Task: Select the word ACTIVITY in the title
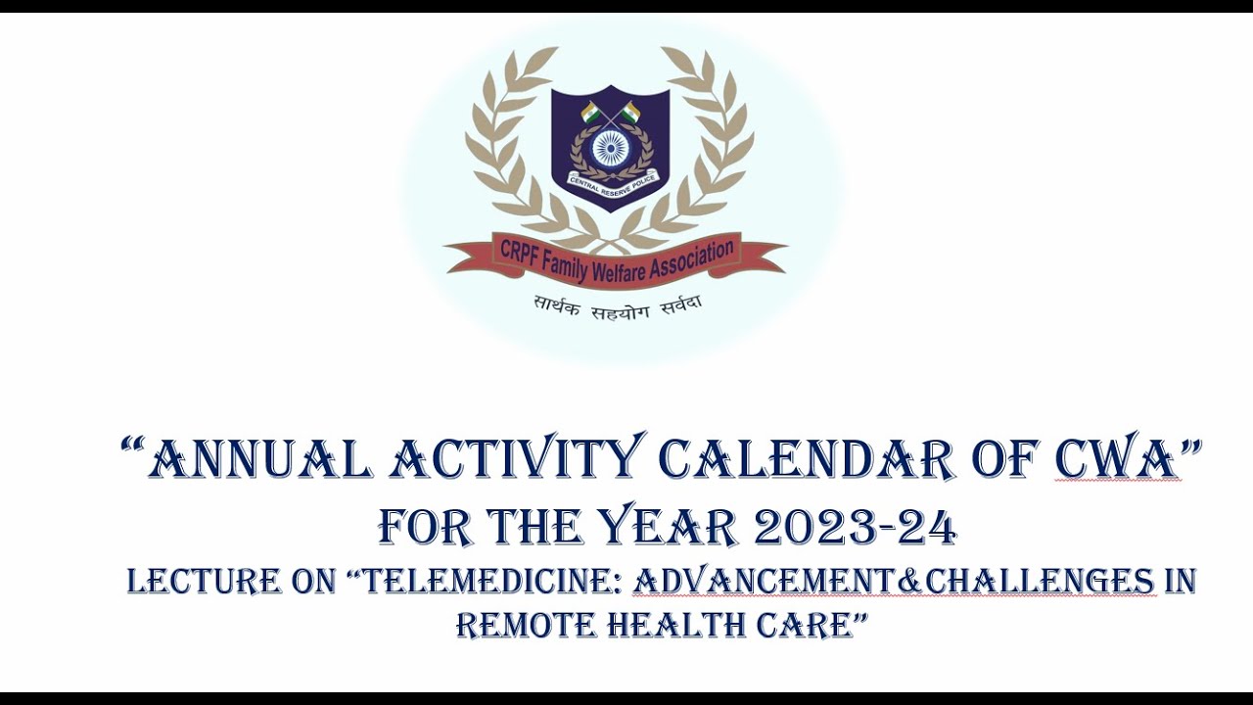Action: pos(517,459)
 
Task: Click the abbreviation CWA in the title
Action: pos(1117,459)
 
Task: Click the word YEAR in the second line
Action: pos(668,529)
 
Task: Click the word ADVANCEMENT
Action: pos(764,582)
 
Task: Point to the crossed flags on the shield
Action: pos(611,113)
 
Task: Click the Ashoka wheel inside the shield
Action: pos(611,149)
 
